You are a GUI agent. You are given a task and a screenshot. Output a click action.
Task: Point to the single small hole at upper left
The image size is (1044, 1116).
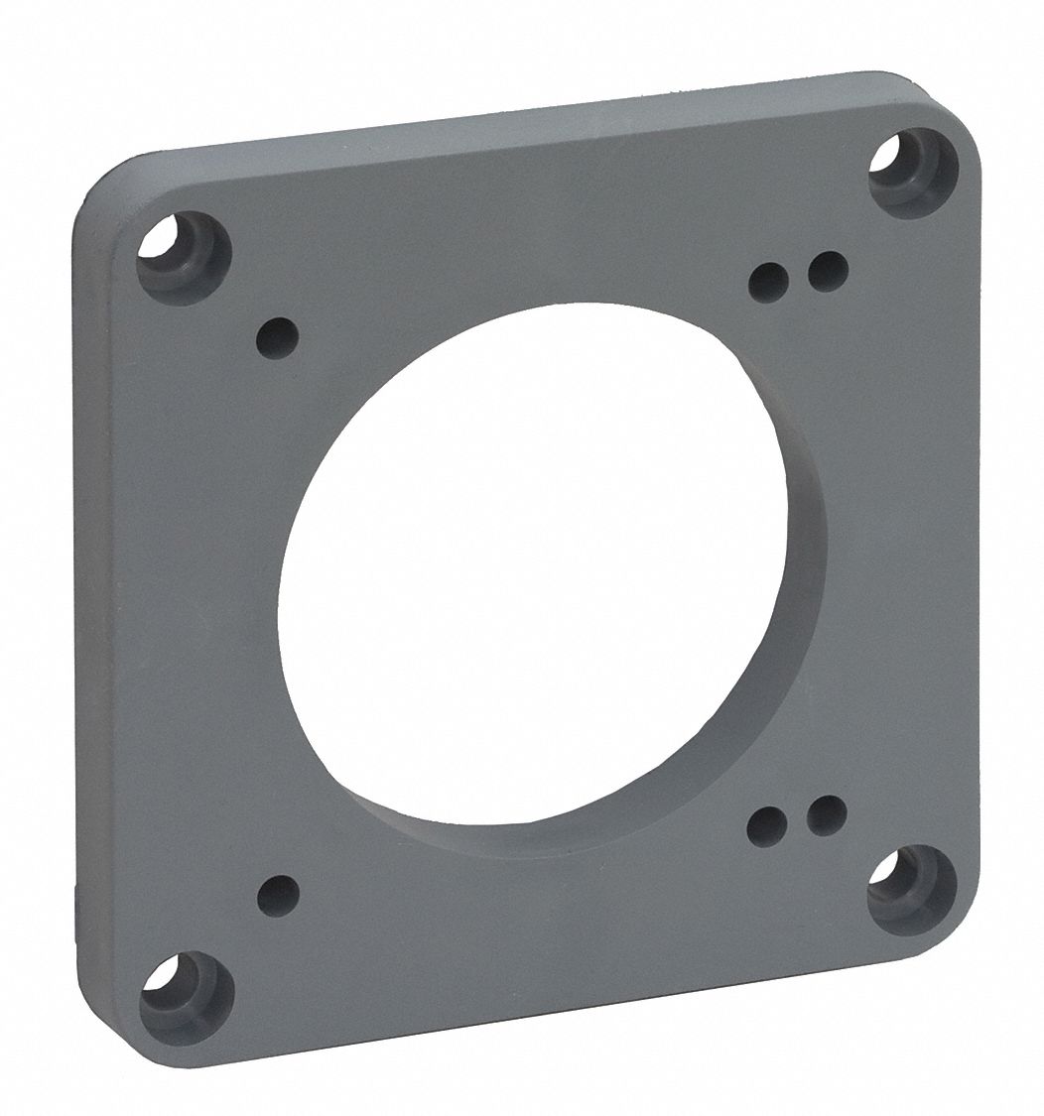pos(278,337)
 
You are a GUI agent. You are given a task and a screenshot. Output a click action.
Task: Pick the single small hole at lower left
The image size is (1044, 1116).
pos(278,896)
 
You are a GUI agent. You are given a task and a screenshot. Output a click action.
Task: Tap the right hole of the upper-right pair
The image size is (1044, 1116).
pos(828,269)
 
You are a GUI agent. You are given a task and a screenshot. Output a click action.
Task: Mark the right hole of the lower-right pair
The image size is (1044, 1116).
pos(826,814)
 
